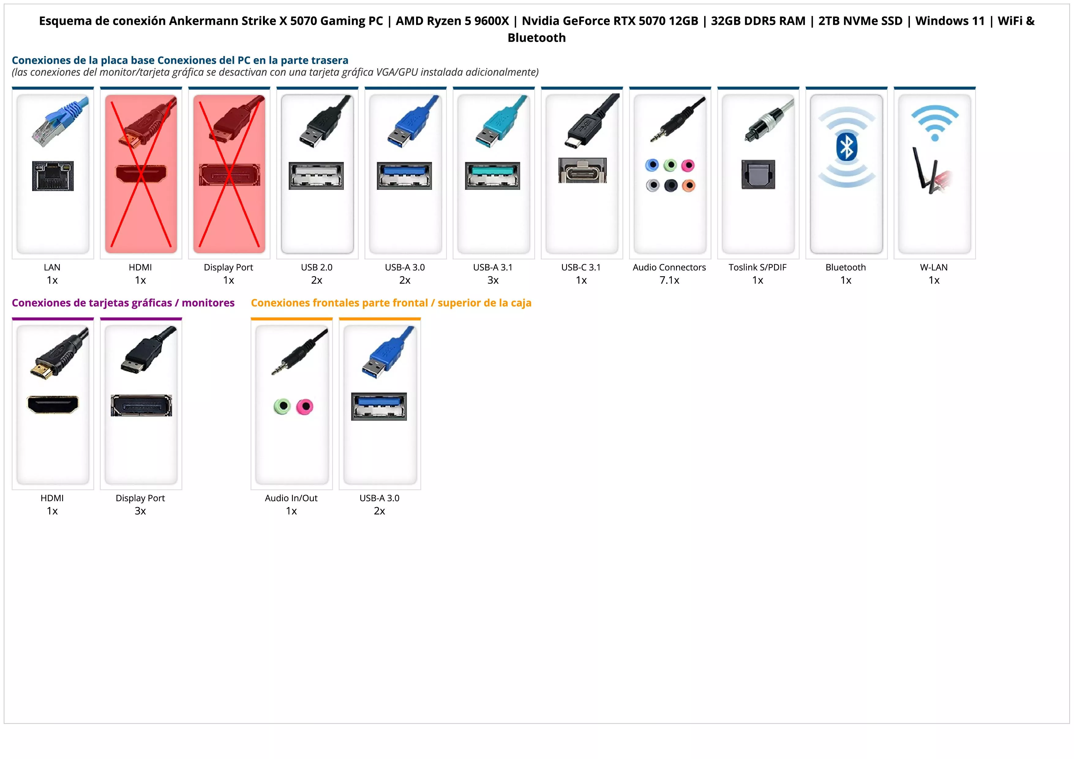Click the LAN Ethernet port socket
[x=53, y=176]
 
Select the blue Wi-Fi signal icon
[x=935, y=122]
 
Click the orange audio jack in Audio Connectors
[x=689, y=186]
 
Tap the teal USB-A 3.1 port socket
[x=493, y=176]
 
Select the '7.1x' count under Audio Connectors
[x=669, y=280]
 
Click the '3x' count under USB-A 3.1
[x=493, y=280]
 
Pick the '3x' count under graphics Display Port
[x=140, y=511]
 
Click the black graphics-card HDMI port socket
[x=53, y=404]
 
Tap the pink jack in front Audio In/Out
[x=305, y=406]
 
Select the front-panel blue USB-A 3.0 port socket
[x=379, y=406]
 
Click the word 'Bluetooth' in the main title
[x=536, y=38]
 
